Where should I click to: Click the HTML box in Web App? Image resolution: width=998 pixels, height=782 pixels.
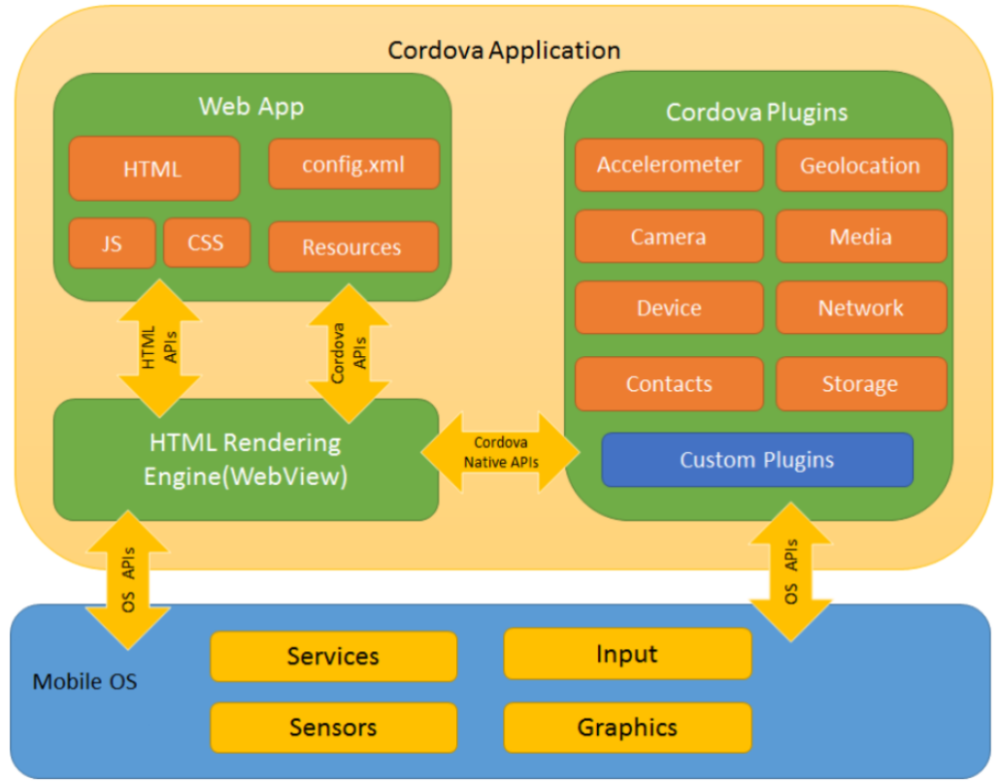154,169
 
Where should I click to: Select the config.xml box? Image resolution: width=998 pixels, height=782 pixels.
354,165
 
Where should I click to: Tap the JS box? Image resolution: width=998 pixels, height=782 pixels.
112,243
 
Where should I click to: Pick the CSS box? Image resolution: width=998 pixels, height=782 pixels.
207,242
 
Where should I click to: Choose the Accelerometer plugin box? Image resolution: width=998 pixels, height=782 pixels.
669,165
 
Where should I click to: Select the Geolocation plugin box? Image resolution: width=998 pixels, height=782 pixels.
861,165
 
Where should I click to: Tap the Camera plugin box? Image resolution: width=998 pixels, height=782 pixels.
669,236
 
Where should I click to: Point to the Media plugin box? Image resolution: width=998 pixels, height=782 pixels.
861,236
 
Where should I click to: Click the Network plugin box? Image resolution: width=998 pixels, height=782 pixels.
861,307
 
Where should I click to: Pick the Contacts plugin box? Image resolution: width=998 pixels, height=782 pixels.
669,384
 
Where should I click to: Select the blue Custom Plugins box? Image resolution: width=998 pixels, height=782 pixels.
757,460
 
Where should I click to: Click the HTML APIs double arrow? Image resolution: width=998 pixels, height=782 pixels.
159,348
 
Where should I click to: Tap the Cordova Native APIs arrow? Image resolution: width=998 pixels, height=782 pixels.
500,453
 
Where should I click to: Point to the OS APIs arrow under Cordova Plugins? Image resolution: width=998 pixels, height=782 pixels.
791,572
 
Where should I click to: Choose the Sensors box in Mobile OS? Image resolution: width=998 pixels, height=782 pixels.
333,727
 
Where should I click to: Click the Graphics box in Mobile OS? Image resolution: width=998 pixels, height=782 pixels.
628,727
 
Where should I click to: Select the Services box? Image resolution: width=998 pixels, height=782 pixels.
333,656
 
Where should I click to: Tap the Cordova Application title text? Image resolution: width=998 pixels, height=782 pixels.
504,50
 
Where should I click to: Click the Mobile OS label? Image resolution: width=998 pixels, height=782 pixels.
85,681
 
